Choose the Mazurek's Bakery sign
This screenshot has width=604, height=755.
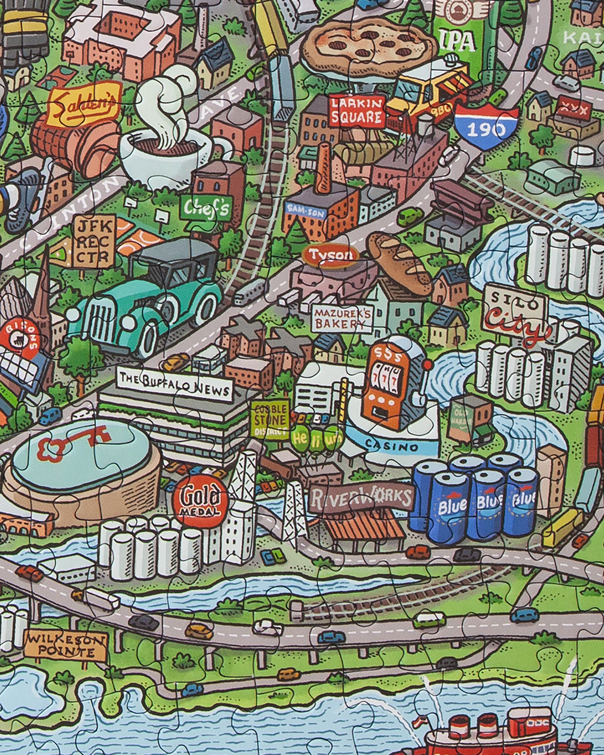point(342,318)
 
